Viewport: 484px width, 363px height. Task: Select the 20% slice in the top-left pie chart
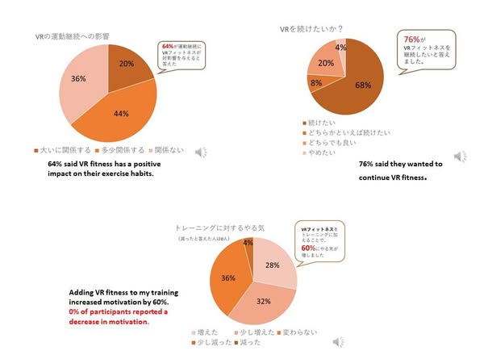click(126, 64)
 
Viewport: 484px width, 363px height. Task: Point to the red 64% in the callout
click(168, 46)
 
